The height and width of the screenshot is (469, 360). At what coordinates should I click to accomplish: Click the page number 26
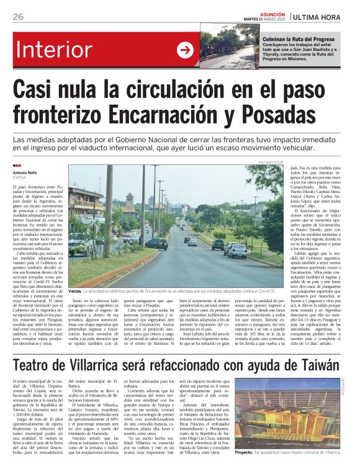pyautogui.click(x=18, y=16)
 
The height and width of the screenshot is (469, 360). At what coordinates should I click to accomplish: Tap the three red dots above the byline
pyautogui.click(x=17, y=166)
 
